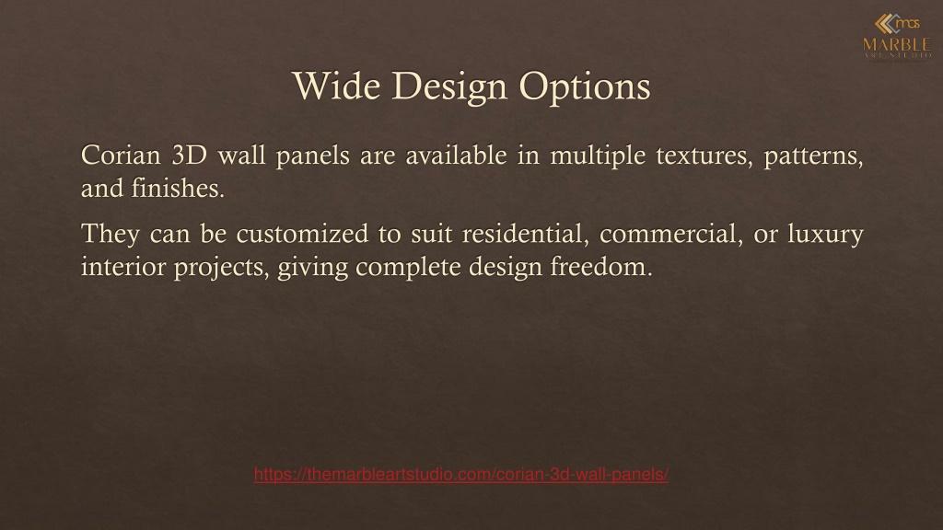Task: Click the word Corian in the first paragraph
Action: point(121,156)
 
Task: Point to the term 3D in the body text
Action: point(190,156)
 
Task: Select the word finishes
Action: point(178,188)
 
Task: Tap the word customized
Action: point(302,234)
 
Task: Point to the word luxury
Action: point(826,236)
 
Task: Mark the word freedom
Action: point(601,266)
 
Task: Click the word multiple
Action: point(598,157)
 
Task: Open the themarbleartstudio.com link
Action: point(461,475)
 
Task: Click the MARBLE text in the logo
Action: point(897,44)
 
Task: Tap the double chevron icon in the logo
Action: point(885,24)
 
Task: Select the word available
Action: point(457,156)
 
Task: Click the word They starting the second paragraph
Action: point(111,236)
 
